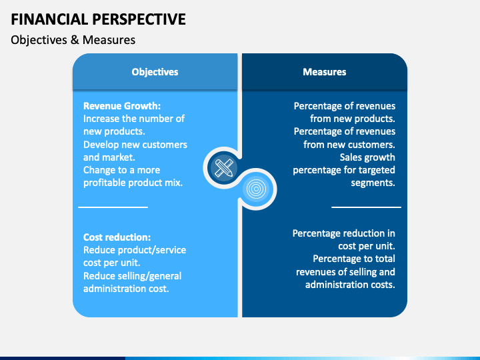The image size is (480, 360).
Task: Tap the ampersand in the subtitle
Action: click(75, 40)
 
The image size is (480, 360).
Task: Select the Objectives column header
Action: click(155, 72)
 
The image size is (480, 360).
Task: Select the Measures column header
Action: click(325, 72)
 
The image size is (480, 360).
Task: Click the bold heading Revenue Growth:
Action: click(122, 106)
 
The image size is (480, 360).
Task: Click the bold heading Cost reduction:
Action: click(117, 237)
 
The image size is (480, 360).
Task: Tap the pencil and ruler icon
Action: click(224, 168)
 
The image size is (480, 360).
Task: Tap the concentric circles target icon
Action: click(256, 189)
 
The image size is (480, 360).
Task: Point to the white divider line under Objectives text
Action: click(113, 207)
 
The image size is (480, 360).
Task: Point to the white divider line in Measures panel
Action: click(366, 207)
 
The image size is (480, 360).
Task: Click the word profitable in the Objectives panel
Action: click(104, 183)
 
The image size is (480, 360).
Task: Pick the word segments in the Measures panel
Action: click(373, 183)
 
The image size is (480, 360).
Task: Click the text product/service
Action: click(152, 250)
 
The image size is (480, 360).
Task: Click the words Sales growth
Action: click(367, 157)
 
